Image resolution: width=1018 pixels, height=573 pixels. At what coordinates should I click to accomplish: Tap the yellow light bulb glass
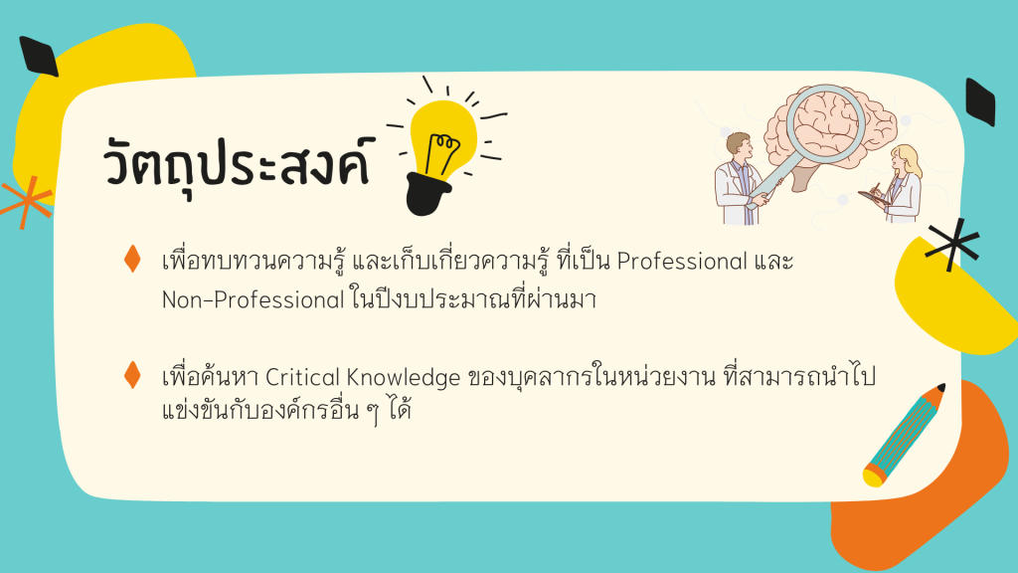click(x=443, y=138)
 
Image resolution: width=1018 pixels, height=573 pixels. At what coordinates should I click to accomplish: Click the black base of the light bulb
click(x=427, y=194)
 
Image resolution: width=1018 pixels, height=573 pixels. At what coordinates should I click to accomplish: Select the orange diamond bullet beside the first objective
click(x=132, y=259)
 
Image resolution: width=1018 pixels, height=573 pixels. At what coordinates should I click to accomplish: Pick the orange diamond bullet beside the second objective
click(x=132, y=375)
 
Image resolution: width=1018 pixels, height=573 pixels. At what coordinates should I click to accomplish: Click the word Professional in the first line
click(x=682, y=262)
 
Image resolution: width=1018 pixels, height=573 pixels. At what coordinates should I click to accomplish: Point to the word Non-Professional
click(x=253, y=299)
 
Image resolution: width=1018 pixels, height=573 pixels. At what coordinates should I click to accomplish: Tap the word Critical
click(x=302, y=377)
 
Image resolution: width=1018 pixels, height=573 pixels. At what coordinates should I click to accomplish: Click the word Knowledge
click(x=403, y=377)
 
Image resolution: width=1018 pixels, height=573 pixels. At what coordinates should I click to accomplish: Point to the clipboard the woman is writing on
click(x=874, y=198)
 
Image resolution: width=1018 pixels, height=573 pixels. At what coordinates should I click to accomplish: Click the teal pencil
click(x=903, y=435)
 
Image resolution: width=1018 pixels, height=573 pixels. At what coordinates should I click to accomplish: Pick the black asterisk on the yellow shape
click(x=952, y=244)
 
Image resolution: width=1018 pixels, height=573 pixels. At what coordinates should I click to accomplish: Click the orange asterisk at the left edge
click(x=26, y=201)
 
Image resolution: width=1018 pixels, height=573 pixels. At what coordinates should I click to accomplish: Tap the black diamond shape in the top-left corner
click(x=39, y=56)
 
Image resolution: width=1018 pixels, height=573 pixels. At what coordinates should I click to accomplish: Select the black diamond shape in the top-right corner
click(x=980, y=101)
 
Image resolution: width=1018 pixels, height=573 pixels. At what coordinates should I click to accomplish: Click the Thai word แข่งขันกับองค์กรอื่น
click(x=260, y=411)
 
